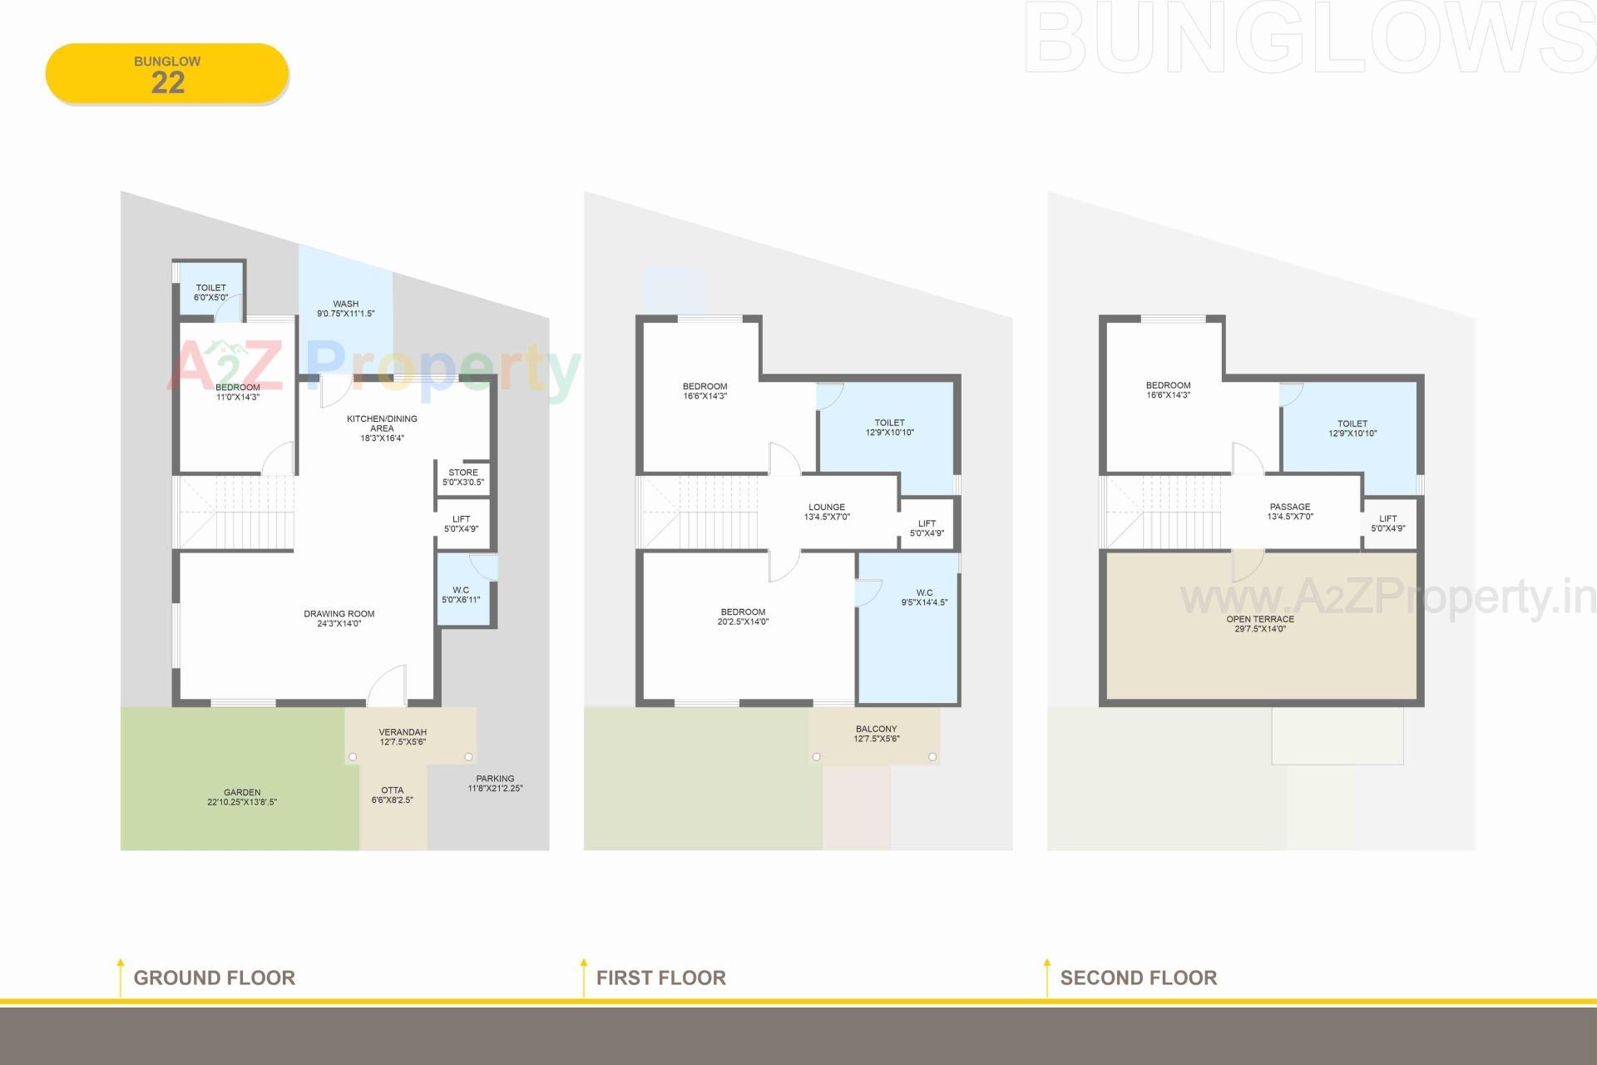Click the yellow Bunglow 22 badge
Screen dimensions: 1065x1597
click(x=167, y=74)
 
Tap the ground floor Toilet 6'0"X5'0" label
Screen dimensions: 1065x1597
click(x=210, y=292)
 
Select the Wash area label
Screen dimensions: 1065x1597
click(x=345, y=309)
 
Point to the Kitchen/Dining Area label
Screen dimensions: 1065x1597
click(x=382, y=428)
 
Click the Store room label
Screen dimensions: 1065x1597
click(x=463, y=477)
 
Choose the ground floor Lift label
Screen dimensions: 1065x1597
click(x=461, y=523)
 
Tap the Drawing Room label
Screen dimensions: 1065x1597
click(x=339, y=618)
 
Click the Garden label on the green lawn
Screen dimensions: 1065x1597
click(x=242, y=797)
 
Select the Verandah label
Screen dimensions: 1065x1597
click(x=403, y=736)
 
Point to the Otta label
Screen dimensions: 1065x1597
click(x=392, y=795)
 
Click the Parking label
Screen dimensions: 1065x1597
click(x=495, y=783)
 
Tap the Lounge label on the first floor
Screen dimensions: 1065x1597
click(x=826, y=512)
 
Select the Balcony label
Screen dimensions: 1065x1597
click(x=876, y=733)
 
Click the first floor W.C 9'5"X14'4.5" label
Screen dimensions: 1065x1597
click(x=924, y=597)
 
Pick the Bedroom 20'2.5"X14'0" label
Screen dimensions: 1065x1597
click(x=743, y=617)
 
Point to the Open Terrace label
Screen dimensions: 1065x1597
click(x=1260, y=623)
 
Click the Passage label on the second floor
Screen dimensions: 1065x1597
click(x=1290, y=511)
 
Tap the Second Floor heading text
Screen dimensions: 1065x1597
click(x=1138, y=978)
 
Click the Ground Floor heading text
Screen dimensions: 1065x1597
click(x=214, y=978)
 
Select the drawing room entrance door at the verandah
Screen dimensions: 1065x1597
click(x=388, y=687)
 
